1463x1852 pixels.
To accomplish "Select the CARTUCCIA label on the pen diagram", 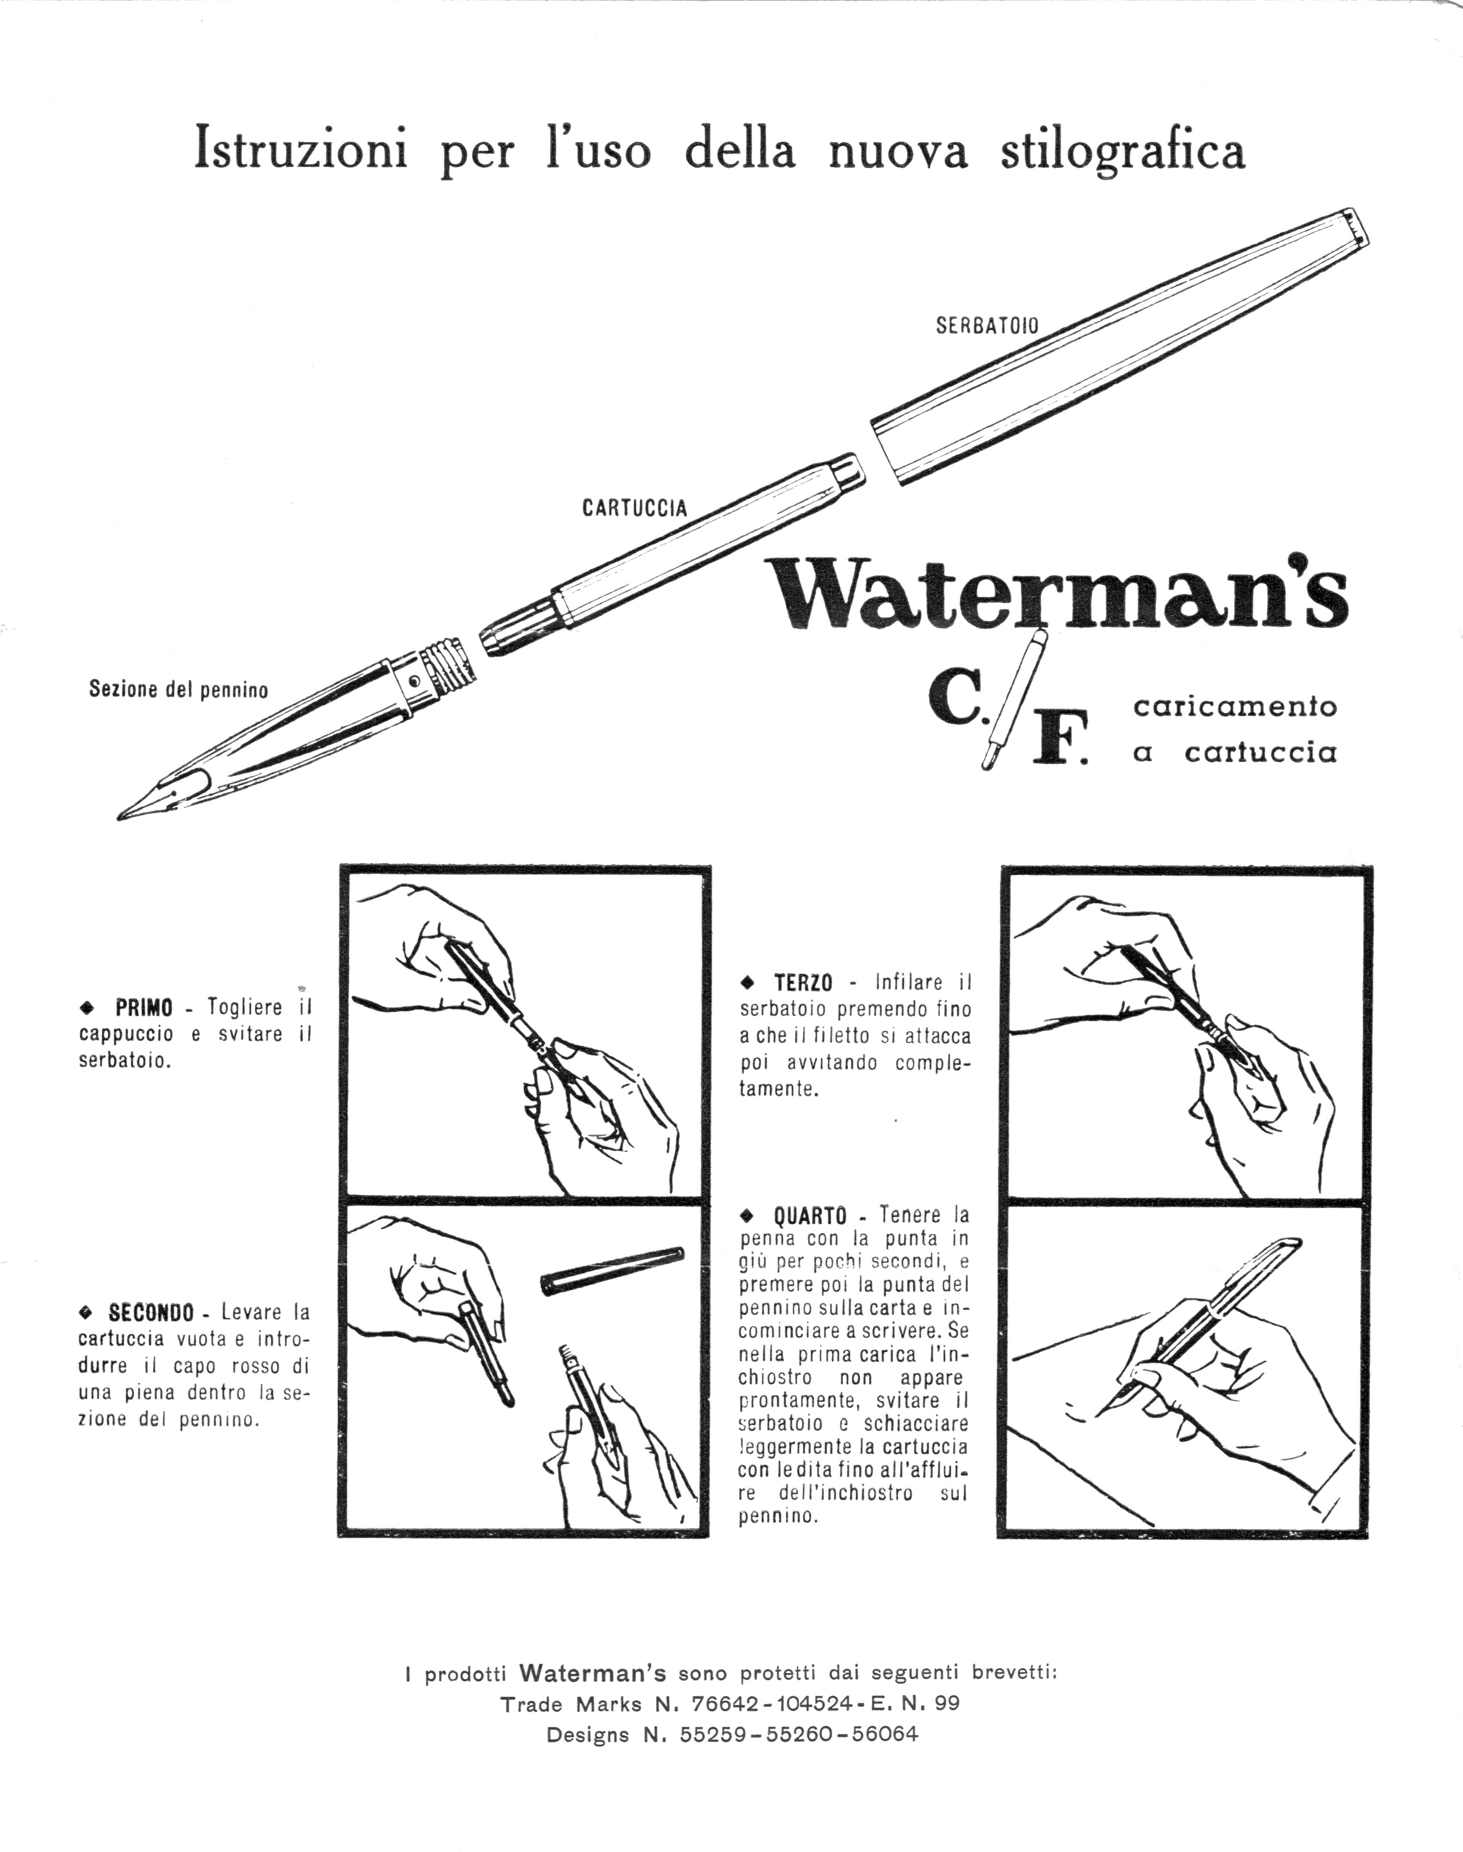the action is (635, 508).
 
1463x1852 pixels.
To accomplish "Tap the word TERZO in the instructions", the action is (804, 982).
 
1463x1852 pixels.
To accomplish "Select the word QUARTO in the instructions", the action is (810, 1214).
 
